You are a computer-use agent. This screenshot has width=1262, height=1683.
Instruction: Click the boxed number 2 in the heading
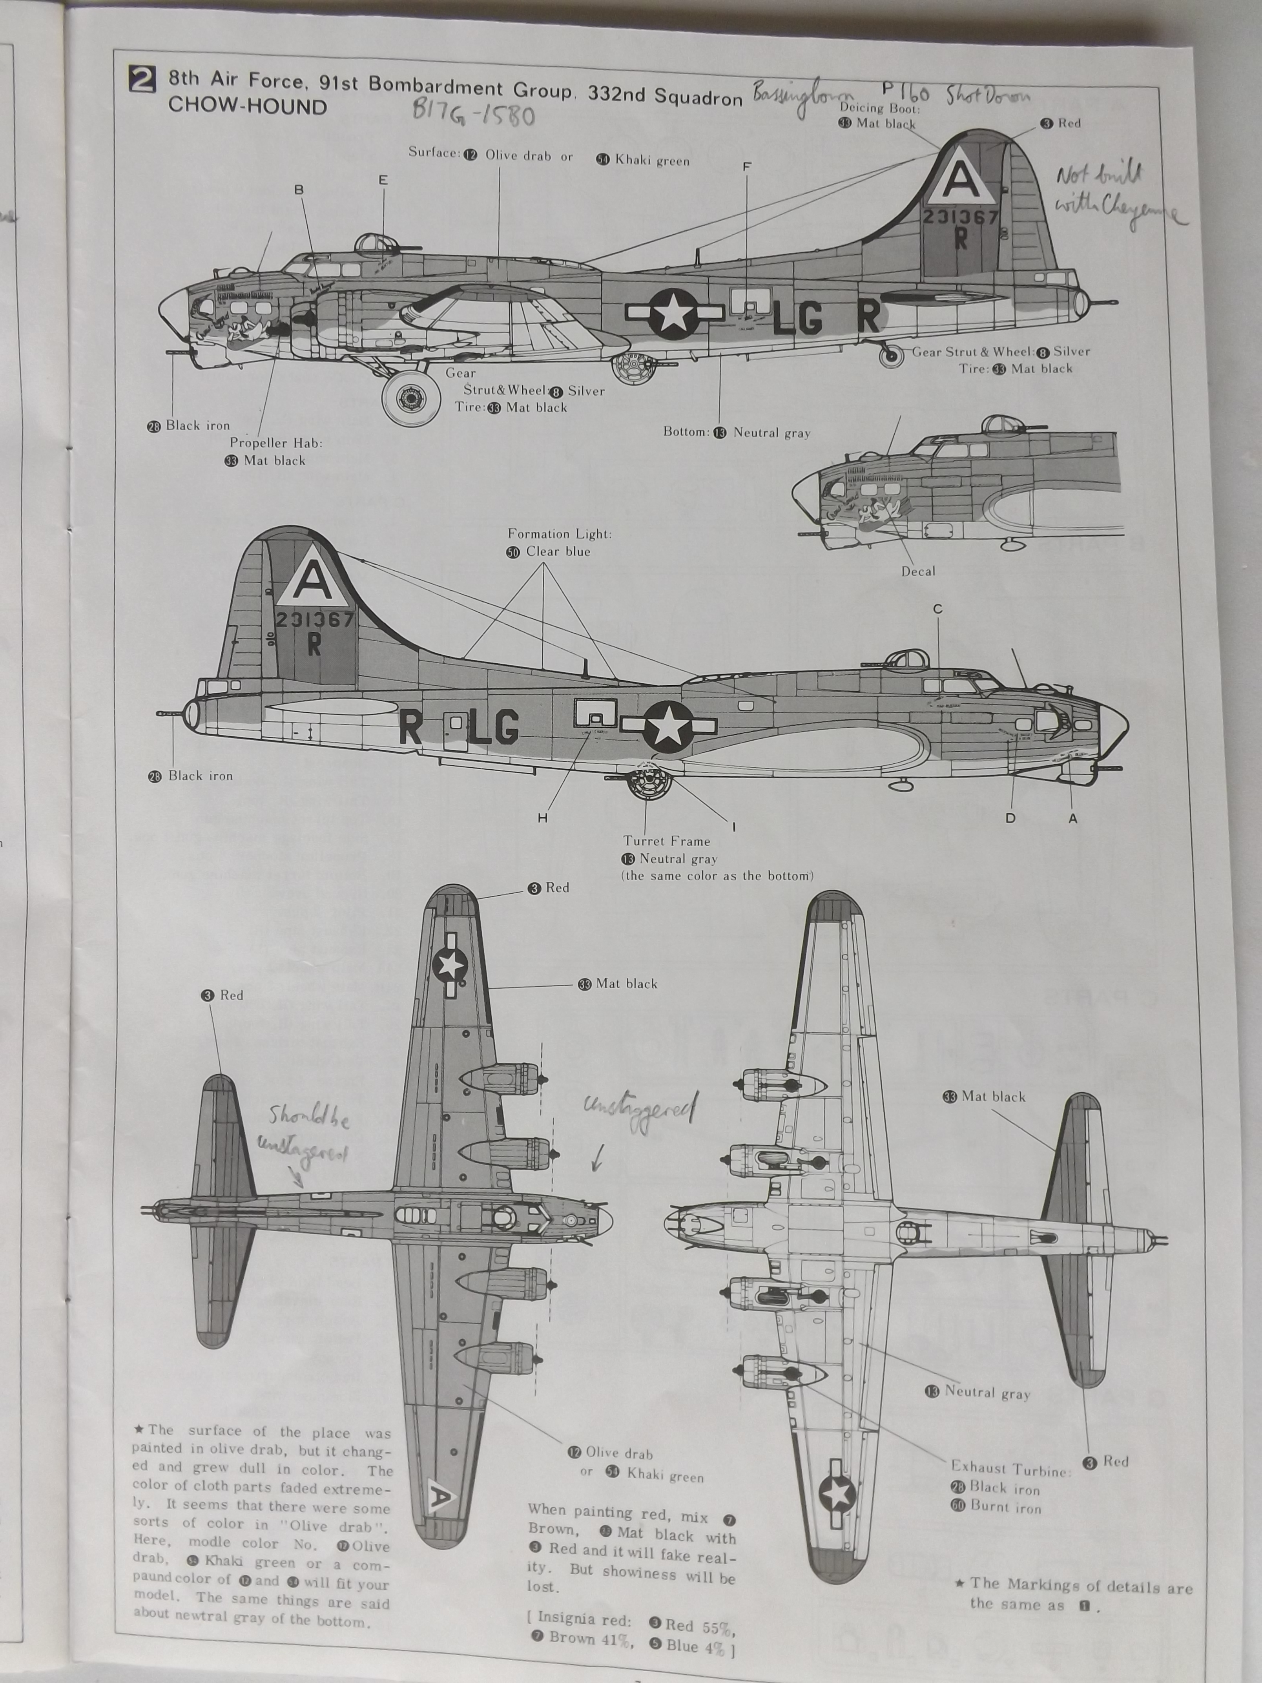coord(143,79)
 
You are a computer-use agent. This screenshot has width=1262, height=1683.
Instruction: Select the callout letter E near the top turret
coord(383,180)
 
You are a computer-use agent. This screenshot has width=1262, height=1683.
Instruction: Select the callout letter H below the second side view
coord(542,818)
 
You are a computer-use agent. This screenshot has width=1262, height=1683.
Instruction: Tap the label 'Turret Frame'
coord(666,841)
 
